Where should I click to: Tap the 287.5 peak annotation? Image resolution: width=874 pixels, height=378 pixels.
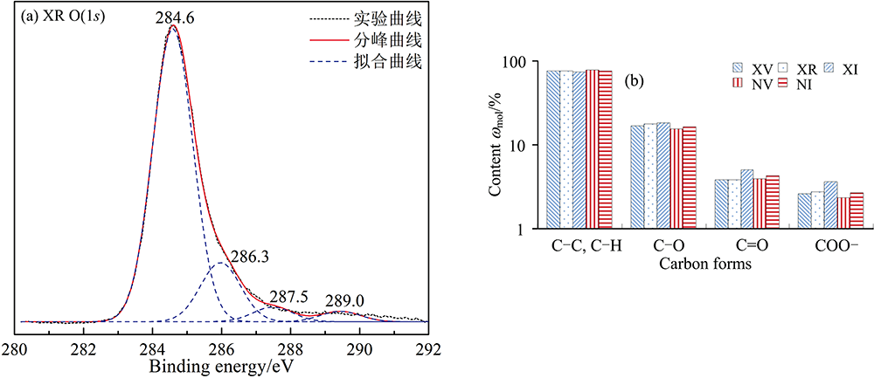pos(288,297)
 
